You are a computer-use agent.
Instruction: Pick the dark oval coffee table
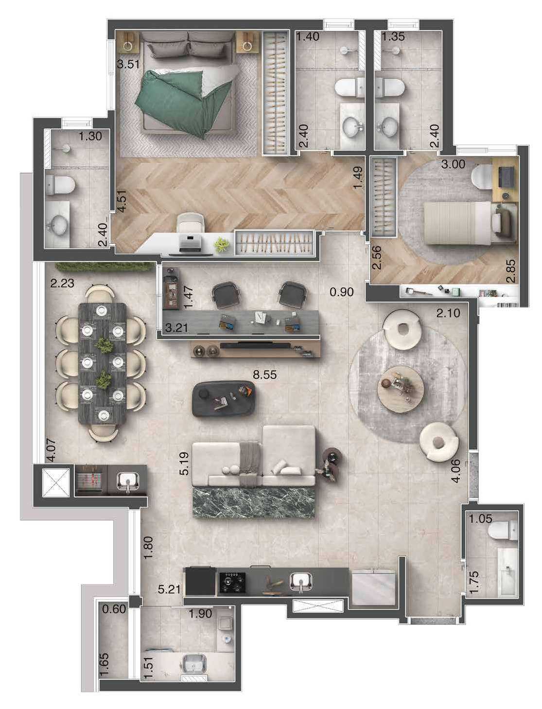click(x=225, y=398)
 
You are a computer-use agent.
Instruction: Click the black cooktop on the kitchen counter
click(x=231, y=581)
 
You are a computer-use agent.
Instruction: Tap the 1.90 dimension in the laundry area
click(x=200, y=614)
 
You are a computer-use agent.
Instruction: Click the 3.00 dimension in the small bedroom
click(x=453, y=164)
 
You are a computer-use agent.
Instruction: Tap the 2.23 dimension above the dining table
click(x=62, y=282)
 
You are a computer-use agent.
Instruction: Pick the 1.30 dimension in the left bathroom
click(x=90, y=137)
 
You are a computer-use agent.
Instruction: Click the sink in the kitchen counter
click(x=299, y=581)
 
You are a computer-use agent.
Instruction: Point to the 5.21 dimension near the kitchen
click(x=169, y=589)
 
